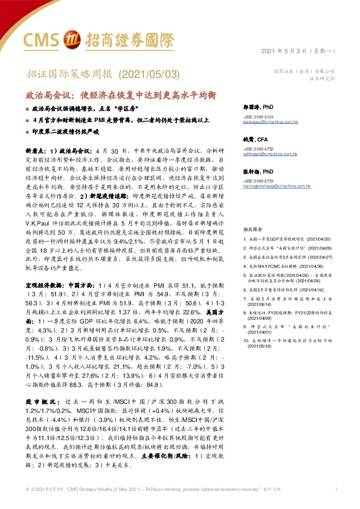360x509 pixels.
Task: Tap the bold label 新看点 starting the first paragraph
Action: pyautogui.click(x=34, y=149)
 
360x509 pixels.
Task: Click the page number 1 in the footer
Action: pyautogui.click(x=335, y=488)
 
